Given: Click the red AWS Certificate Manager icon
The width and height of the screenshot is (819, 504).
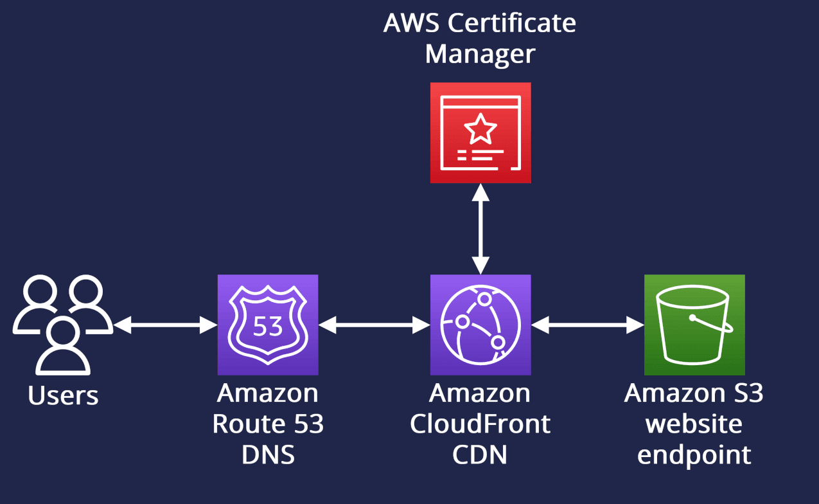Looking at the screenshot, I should (480, 133).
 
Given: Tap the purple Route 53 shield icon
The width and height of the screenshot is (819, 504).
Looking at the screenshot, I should (268, 325).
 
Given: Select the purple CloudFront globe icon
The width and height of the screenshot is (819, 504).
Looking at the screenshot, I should (480, 325).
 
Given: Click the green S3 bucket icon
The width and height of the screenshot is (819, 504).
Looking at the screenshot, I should (694, 325).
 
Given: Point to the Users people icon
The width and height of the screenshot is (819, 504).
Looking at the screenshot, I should (63, 325).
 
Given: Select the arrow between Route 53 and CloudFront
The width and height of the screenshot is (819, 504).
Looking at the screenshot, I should (374, 326).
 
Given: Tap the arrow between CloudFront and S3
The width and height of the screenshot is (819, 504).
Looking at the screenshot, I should (588, 326).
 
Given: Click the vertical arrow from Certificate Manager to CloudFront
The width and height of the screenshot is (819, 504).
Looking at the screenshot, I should (480, 229).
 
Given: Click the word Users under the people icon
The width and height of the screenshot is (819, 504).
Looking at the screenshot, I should (63, 395).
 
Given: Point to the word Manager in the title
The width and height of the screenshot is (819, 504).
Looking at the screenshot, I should (480, 54).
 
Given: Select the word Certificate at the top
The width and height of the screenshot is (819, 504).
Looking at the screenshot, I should (512, 23).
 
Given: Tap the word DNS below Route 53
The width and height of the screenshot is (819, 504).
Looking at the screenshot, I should (268, 455).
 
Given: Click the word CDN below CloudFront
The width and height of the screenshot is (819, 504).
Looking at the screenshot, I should (480, 455).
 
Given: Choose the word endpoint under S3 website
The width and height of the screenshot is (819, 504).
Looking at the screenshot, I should (694, 455).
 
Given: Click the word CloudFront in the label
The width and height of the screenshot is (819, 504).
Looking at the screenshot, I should (480, 424).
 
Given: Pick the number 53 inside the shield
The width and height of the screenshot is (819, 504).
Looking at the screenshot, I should (268, 327).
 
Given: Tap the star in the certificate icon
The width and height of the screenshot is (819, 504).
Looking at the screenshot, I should (480, 129).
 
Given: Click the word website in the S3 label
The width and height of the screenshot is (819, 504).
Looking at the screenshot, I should (694, 424).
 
